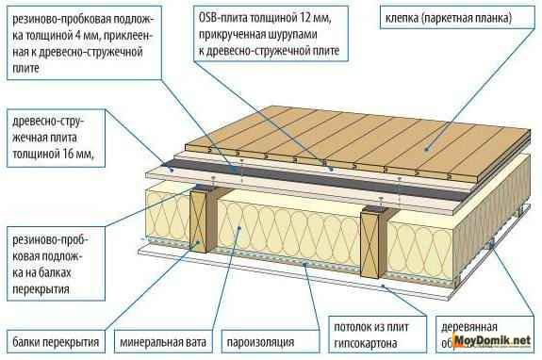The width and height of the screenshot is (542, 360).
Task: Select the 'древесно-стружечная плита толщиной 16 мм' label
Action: tap(51, 139)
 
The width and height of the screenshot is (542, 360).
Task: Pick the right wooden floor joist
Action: tap(372, 238)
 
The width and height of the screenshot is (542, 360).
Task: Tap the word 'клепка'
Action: tap(401, 18)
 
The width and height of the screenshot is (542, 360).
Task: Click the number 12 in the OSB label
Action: tap(307, 18)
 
